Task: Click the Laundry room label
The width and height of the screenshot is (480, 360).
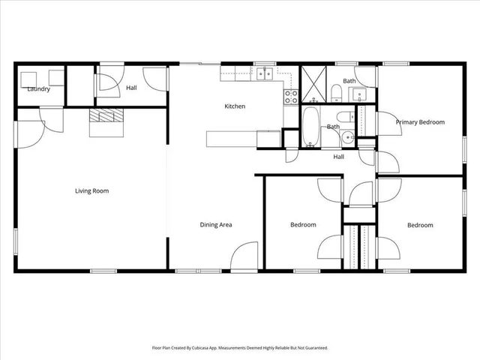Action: pos(38,89)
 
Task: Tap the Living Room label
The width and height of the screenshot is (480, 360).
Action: pos(91,191)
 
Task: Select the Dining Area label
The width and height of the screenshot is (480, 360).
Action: pos(215,225)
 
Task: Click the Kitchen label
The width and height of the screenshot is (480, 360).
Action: pos(235,106)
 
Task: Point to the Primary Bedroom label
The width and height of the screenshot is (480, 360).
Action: pos(420,122)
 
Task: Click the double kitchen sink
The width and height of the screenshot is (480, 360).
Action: pos(264,73)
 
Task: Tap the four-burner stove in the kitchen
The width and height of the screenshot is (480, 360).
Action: pos(291,96)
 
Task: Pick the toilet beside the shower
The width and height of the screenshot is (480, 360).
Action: pos(337,93)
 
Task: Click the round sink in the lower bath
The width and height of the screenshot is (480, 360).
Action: pos(348,138)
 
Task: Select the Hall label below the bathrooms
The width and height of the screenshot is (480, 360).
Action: pos(339,157)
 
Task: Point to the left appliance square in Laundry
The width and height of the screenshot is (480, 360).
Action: pos(28,78)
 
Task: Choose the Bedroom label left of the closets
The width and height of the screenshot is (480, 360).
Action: pos(303,225)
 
